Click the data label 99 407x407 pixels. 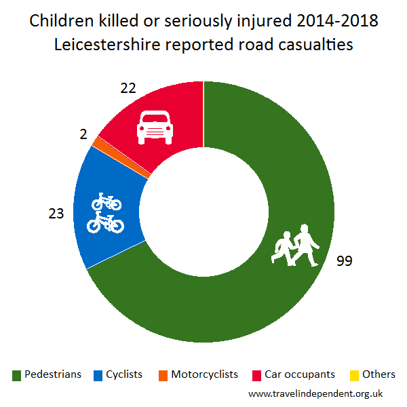click(345, 261)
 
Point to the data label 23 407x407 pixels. click(56, 213)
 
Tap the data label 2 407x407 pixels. click(83, 135)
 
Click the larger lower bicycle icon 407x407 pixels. click(105, 221)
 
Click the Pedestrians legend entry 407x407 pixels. click(47, 374)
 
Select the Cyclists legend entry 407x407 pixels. click(117, 374)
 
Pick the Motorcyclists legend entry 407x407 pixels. click(197, 374)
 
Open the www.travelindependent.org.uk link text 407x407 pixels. click(316, 393)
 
